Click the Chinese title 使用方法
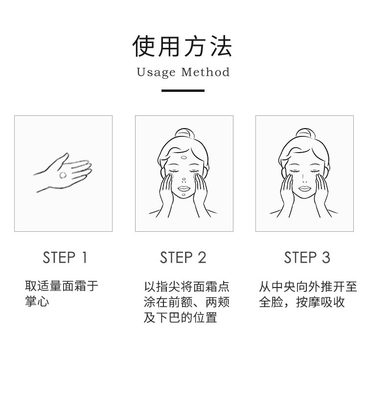pos(182,46)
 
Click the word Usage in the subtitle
pos(156,72)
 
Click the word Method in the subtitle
pos(206,72)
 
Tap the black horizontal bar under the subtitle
pos(183,90)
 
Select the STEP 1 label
pos(65,258)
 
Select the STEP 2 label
pos(183,258)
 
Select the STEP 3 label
pos(307,258)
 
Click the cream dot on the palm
pos(63,175)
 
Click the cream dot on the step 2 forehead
pos(183,157)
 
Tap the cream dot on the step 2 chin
pos(183,195)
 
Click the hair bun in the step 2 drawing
pos(184,134)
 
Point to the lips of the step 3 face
pos(304,189)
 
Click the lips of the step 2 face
pos(183,189)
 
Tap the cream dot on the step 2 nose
pos(184,179)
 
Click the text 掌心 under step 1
pos(37,301)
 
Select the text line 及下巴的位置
pos(181,317)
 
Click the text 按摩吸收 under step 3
pos(320,302)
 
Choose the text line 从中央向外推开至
pos(308,287)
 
